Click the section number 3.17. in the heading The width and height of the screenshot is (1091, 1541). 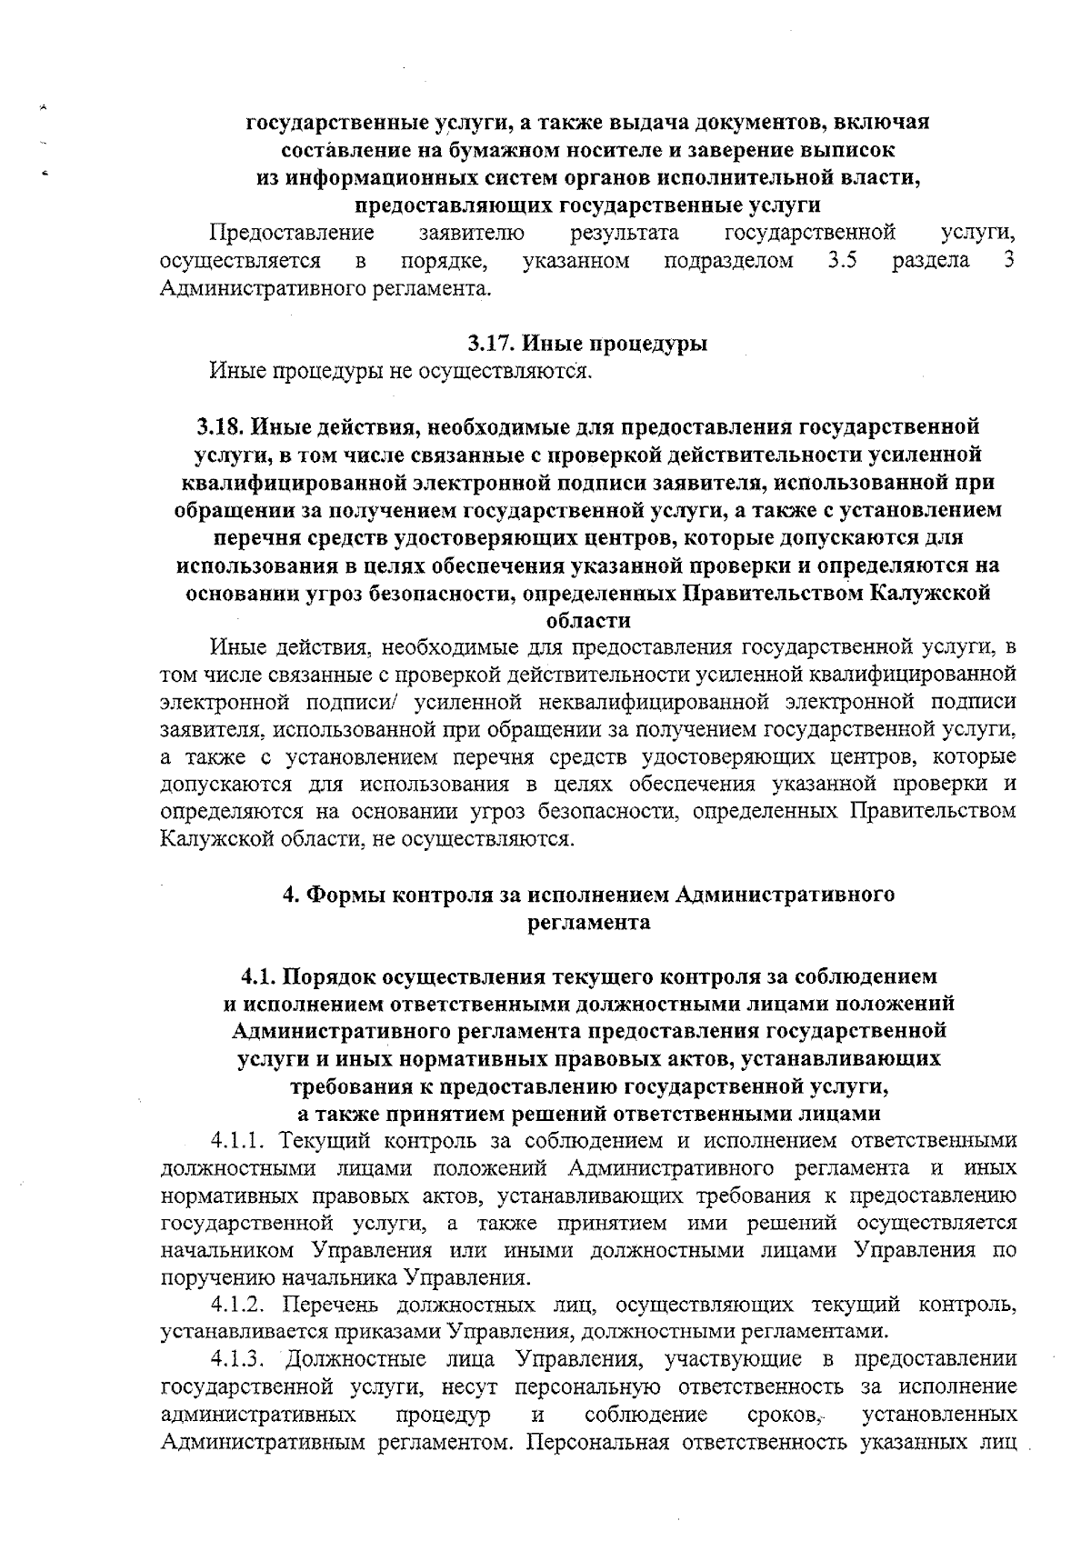(492, 344)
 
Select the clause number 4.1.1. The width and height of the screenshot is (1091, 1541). (239, 1140)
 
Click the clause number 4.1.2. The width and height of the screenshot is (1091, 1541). (239, 1306)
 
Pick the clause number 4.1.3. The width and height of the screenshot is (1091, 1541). (239, 1360)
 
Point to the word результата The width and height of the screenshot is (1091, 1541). (625, 234)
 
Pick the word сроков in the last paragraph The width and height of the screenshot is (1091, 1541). (785, 1416)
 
